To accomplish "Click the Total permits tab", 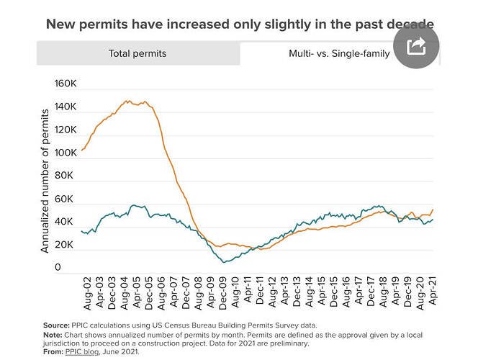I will tap(137, 53).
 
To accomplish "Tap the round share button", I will tap(416, 46).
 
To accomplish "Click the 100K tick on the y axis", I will tap(66, 153).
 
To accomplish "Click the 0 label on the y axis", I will tap(58, 268).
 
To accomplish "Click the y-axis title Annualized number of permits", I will tap(45, 180).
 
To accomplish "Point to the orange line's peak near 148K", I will tap(128, 101).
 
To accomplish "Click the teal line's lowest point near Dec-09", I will tap(225, 261).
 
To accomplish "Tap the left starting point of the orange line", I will tap(81, 150).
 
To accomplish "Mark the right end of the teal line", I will tap(433, 219).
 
